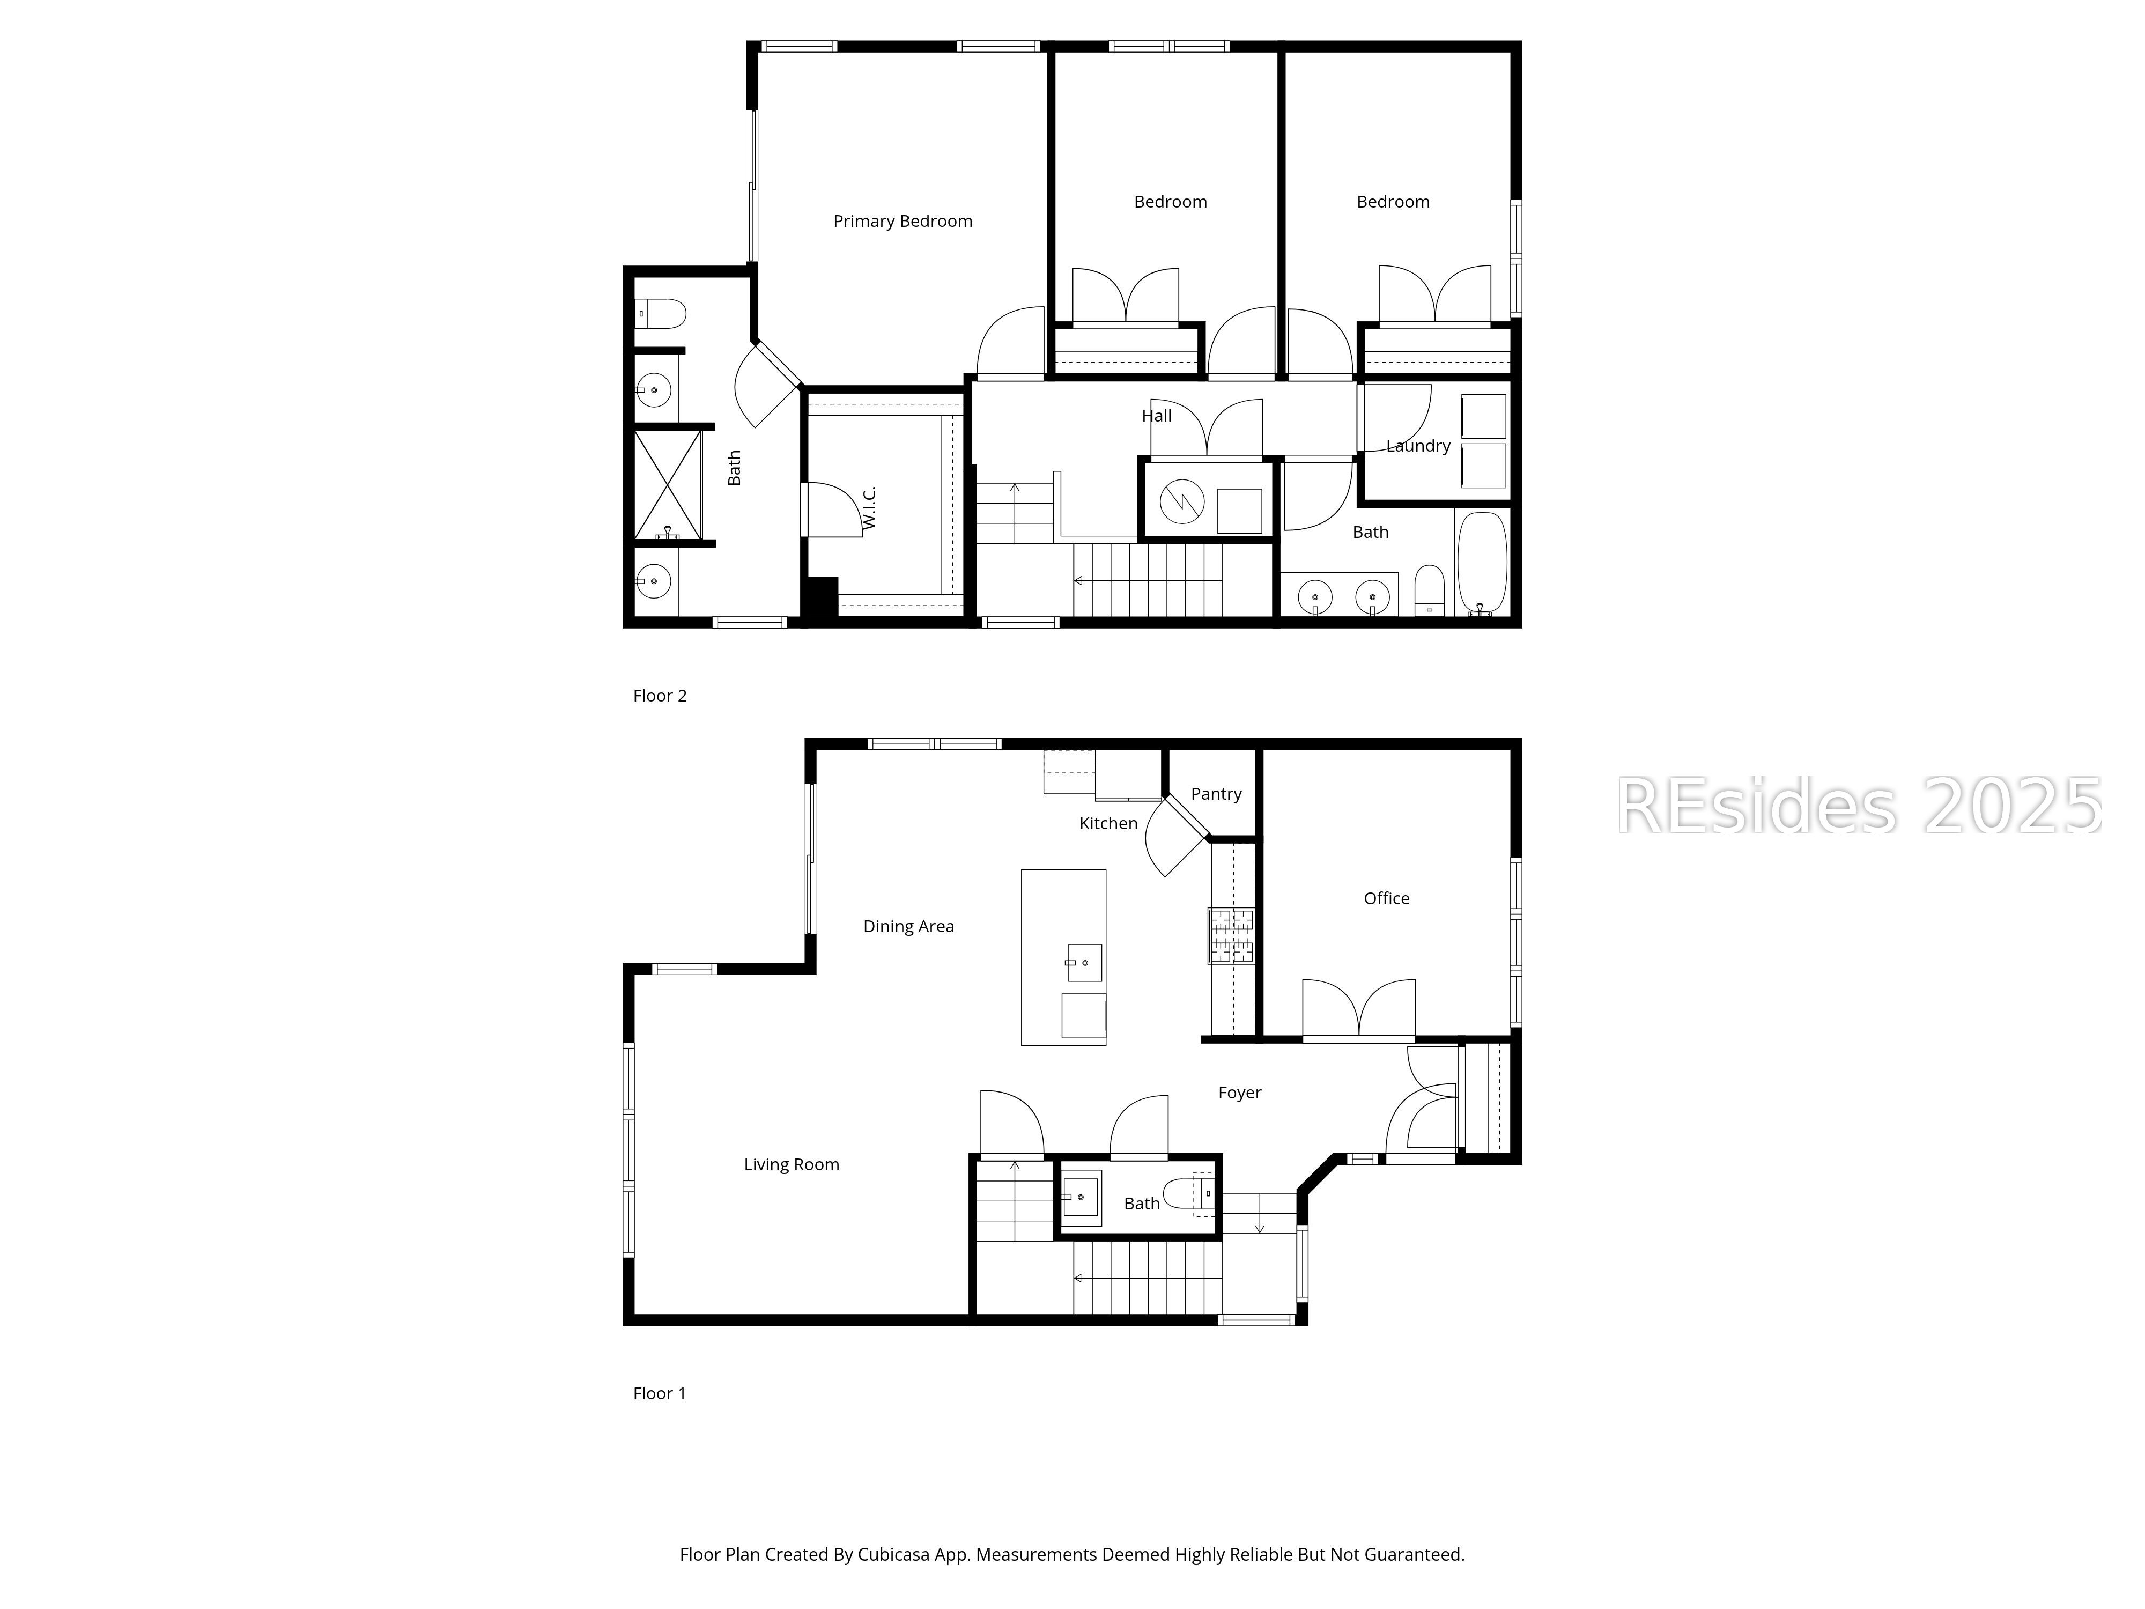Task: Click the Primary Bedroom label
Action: pos(902,221)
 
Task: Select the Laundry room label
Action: pos(1418,446)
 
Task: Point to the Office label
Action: pos(1386,898)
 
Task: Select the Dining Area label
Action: pos(908,926)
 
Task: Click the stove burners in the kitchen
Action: pos(1231,935)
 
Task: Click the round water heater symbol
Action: pos(1182,501)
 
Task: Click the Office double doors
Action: pos(1358,1010)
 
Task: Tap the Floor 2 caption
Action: pos(660,696)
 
